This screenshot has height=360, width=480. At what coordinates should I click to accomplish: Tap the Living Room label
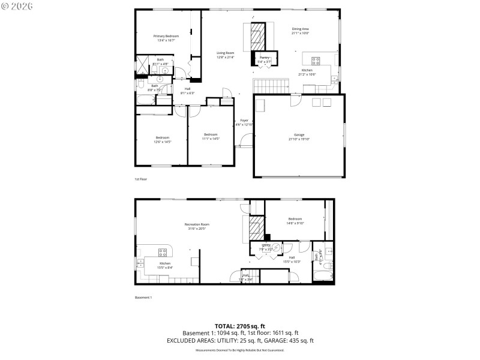tap(226, 53)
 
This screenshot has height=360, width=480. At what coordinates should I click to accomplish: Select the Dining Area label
tap(300, 29)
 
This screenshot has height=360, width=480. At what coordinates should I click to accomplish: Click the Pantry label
tap(265, 58)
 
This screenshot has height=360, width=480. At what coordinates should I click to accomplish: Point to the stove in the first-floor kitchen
tap(316, 59)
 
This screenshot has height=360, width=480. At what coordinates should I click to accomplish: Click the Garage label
tap(299, 134)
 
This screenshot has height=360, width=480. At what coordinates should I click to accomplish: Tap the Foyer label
tap(244, 121)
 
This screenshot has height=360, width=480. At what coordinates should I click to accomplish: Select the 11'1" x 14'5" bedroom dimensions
tap(210, 139)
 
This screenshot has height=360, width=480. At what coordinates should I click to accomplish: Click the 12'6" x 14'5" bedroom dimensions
tap(163, 142)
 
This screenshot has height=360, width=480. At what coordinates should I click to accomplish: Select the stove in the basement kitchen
tap(162, 251)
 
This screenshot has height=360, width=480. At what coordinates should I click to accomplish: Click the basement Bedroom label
tap(295, 219)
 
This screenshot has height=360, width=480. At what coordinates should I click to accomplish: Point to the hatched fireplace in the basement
tap(257, 229)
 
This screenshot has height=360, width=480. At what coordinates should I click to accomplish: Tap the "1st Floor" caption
tap(140, 179)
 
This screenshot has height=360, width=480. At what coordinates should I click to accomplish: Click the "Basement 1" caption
tap(143, 298)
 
